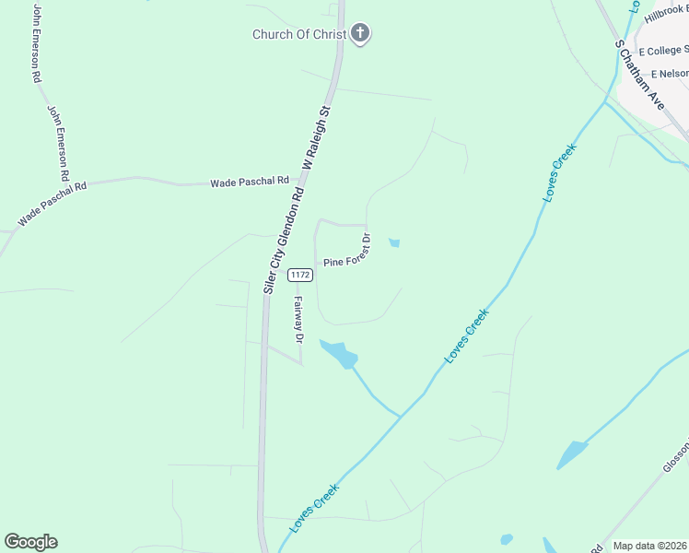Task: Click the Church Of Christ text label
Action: click(299, 35)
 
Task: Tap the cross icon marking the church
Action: click(360, 35)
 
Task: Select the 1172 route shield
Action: click(298, 275)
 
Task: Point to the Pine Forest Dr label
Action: click(346, 254)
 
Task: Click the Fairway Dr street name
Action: click(298, 319)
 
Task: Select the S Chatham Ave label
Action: click(640, 75)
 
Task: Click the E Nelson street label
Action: click(670, 74)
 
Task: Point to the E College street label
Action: click(663, 51)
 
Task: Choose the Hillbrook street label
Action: click(666, 15)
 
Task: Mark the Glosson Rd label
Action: click(675, 470)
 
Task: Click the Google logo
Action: click(30, 542)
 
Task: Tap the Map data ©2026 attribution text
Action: click(649, 546)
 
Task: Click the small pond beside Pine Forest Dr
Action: click(394, 243)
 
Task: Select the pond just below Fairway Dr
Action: click(339, 353)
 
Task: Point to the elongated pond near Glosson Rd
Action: click(571, 454)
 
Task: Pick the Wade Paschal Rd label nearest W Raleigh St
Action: click(250, 182)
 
